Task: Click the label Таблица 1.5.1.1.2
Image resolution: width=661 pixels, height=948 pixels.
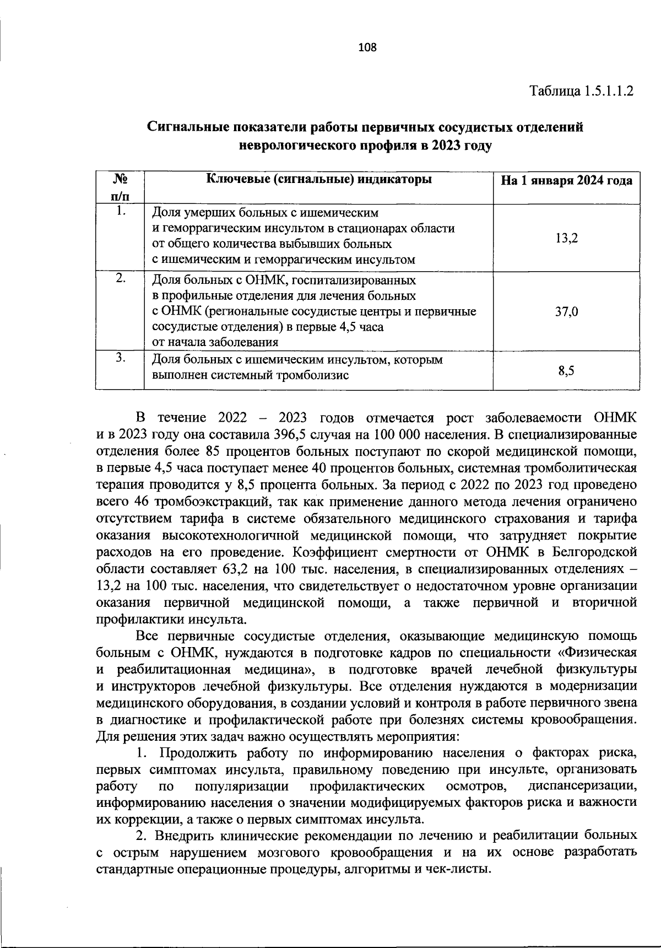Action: pos(582,90)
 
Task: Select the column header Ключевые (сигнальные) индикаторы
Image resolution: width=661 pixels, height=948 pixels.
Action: pos(318,180)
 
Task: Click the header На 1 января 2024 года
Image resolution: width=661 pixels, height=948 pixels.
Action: pos(566,181)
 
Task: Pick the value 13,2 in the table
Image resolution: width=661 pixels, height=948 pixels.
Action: pos(566,238)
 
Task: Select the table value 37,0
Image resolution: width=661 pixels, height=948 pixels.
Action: pos(566,311)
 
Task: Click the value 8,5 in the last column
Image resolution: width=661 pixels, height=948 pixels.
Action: pos(566,371)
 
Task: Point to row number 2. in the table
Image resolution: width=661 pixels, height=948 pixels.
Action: pos(121,279)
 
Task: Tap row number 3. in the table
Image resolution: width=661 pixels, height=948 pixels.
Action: pos(121,358)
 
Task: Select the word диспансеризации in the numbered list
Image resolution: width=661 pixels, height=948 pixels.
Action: pos(582,785)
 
